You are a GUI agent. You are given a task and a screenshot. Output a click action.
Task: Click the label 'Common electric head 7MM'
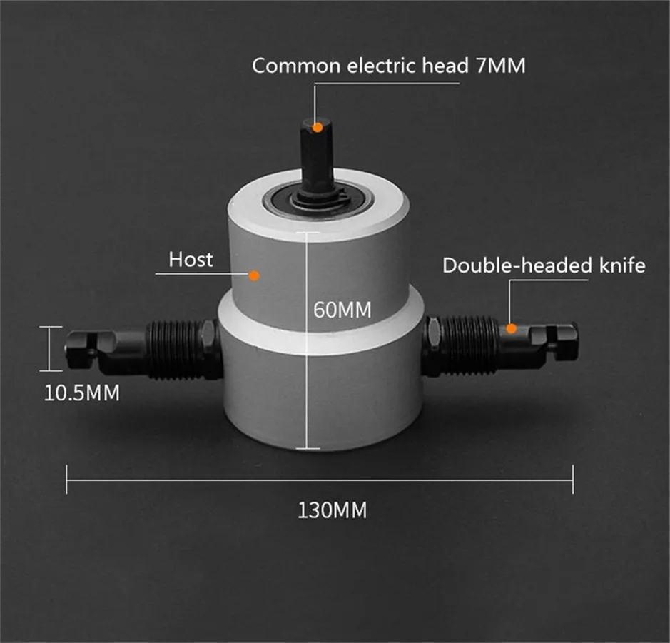point(388,66)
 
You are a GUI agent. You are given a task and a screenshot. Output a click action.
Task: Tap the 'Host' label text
point(191,259)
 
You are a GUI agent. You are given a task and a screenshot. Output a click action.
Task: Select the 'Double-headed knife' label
point(543,265)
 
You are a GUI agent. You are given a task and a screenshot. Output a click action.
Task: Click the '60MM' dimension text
point(342,310)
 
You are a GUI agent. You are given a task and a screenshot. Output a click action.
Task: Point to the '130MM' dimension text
point(333,511)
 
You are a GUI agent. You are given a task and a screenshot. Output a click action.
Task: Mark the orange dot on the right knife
point(511,328)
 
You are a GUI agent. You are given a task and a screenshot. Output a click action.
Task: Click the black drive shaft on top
point(318,153)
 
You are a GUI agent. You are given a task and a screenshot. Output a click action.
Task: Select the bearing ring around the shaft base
point(318,199)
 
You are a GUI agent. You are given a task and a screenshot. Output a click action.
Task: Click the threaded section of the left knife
point(175,348)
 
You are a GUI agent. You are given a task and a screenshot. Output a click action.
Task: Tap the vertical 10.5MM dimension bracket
point(49,348)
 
